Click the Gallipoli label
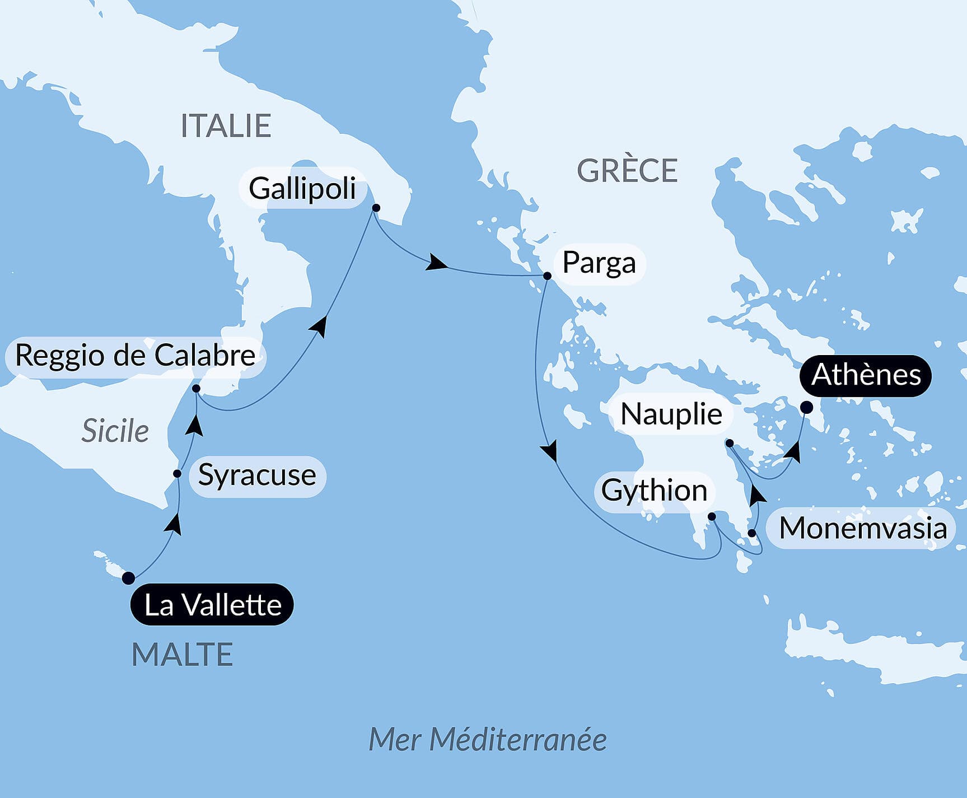[x=302, y=188]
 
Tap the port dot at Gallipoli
[x=376, y=208]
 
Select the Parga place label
[x=599, y=263]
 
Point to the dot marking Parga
[x=547, y=276]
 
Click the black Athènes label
[x=866, y=375]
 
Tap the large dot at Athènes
[x=806, y=407]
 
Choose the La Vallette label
[x=212, y=605]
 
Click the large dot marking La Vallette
[x=128, y=578]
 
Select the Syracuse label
[x=257, y=476]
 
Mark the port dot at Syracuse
[x=177, y=474]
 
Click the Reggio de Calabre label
[x=135, y=356]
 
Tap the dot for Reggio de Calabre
[x=196, y=388]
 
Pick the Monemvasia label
[x=862, y=528]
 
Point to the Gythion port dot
[x=712, y=516]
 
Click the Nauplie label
[x=671, y=415]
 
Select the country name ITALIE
[x=226, y=125]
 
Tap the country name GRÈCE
[x=627, y=170]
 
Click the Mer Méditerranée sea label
[x=487, y=740]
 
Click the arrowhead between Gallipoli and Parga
[x=436, y=263]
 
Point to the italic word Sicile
[x=115, y=431]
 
